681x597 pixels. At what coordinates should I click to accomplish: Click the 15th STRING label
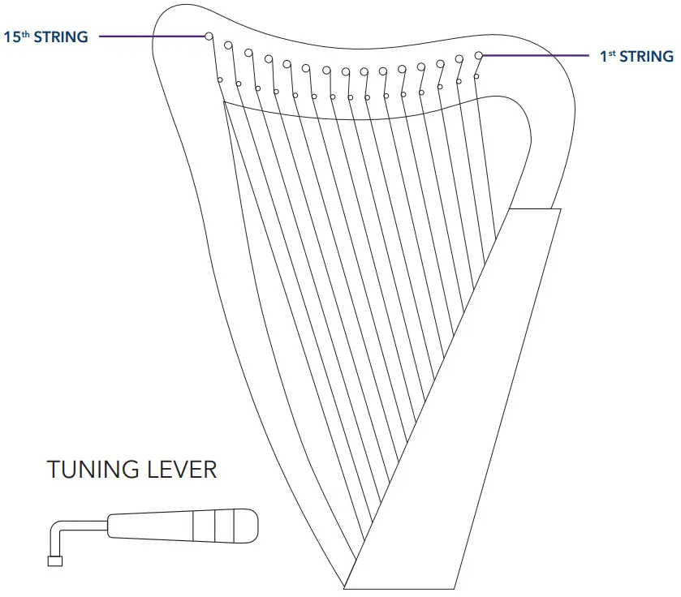click(45, 37)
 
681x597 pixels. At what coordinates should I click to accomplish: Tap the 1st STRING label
click(636, 56)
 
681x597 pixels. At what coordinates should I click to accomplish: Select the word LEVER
click(180, 470)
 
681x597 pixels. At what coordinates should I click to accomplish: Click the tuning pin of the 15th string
click(209, 37)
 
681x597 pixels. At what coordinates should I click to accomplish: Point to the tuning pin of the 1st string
click(479, 55)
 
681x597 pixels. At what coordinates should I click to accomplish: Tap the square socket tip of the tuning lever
click(55, 560)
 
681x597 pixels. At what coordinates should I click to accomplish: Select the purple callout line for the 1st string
click(536, 55)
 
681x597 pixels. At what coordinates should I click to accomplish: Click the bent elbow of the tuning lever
click(56, 531)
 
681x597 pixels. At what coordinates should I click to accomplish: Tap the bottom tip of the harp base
click(346, 586)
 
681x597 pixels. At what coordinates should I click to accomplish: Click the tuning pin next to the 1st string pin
click(459, 58)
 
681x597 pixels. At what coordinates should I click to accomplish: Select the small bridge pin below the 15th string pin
click(220, 79)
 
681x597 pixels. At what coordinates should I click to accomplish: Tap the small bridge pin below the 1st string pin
click(476, 76)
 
